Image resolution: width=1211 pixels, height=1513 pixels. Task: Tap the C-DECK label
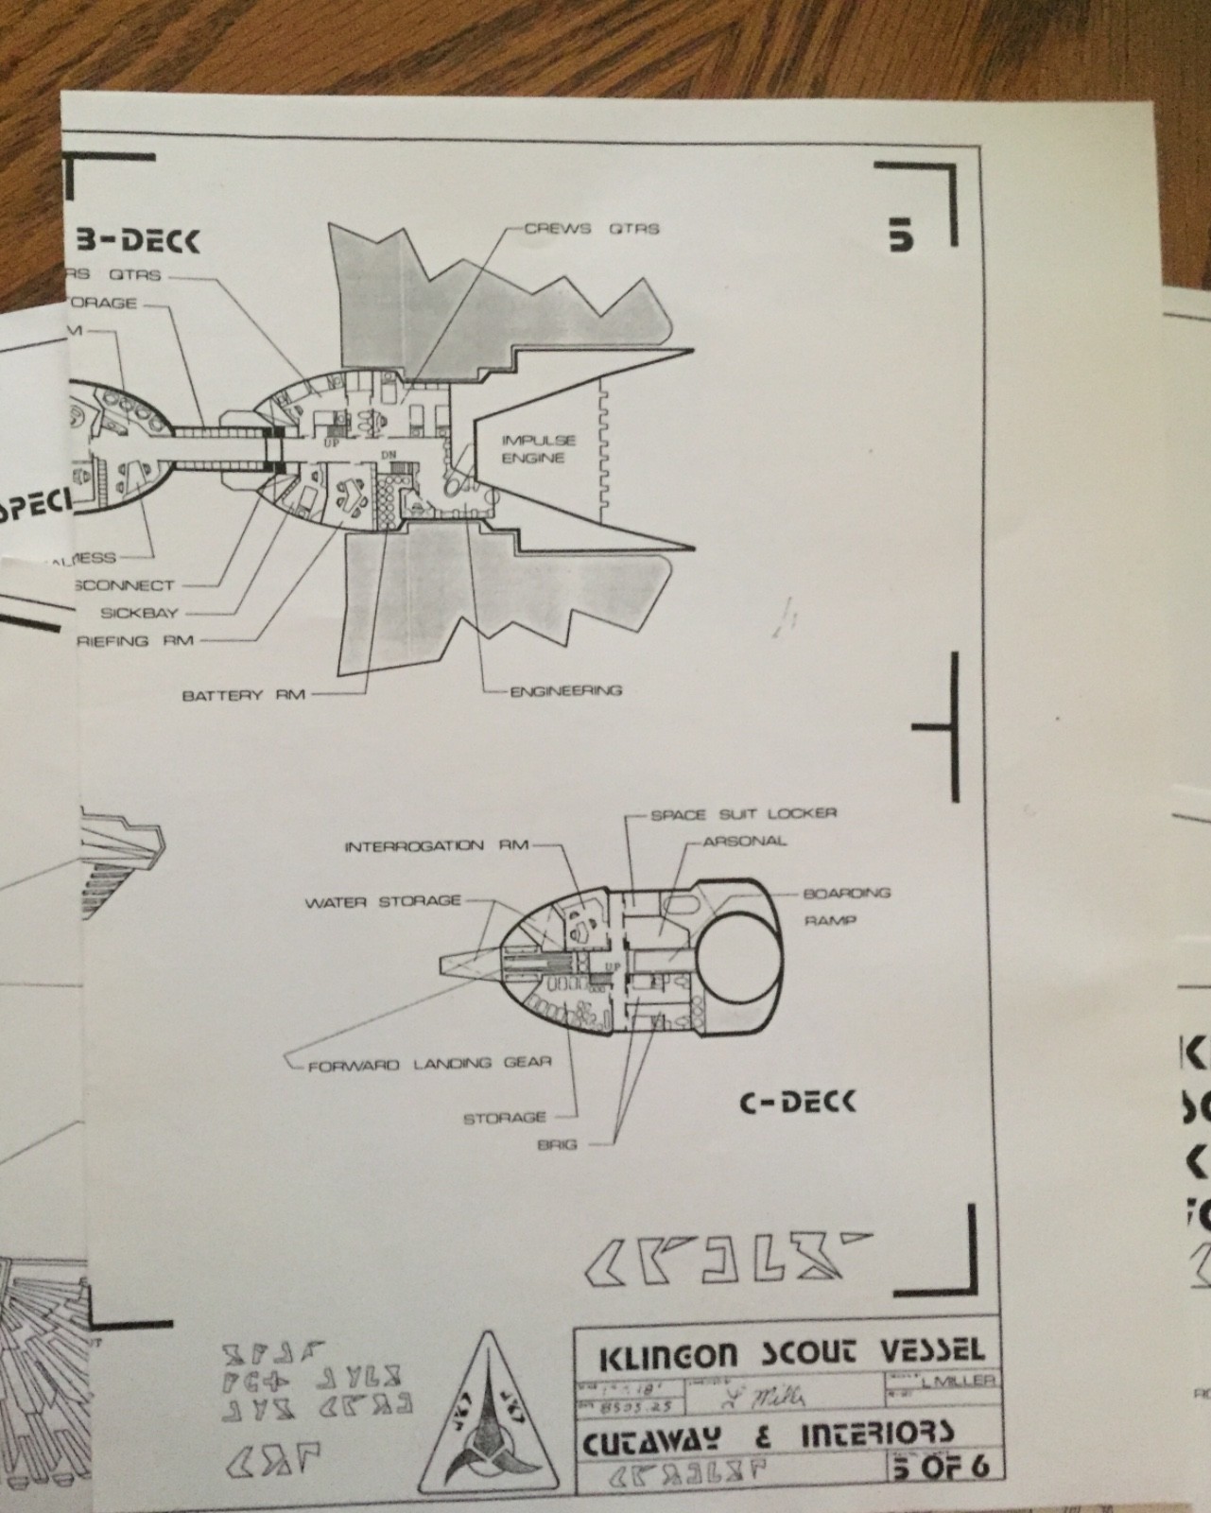tap(796, 1101)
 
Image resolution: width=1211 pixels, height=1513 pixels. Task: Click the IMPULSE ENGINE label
tap(538, 449)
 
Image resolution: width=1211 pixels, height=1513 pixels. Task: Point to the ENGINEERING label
tap(566, 690)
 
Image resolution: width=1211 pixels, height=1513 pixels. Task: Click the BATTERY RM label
tap(243, 695)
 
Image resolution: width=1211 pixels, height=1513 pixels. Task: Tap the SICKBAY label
tap(139, 613)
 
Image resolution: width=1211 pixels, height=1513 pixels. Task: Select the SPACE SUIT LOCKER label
tap(743, 813)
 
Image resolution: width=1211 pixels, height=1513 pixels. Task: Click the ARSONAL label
tap(745, 841)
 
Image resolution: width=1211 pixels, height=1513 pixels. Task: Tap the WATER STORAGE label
tap(382, 902)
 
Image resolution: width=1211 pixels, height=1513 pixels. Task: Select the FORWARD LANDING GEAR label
tap(429, 1064)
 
